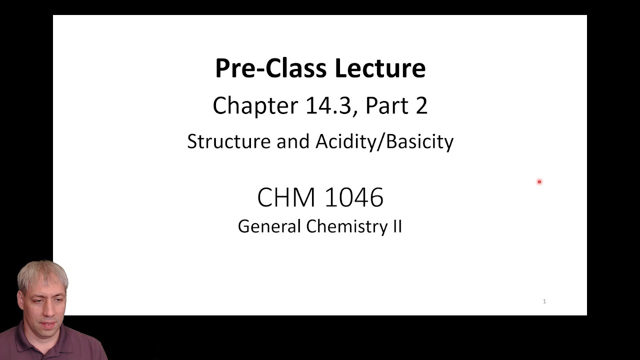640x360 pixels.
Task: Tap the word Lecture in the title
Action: coord(380,68)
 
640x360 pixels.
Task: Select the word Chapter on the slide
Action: coord(255,106)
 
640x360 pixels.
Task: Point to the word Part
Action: coord(386,106)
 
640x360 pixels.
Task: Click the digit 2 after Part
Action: coord(421,106)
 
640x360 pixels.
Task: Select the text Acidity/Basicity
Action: coord(384,141)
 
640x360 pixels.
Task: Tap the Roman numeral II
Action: coord(396,226)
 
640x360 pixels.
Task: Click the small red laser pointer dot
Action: coord(539,182)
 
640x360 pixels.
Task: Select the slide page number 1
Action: coord(544,301)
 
